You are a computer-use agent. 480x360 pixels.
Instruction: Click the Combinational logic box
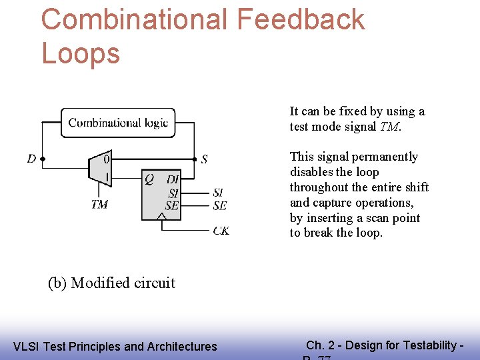coord(118,123)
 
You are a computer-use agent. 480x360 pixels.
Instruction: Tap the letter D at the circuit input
coord(31,159)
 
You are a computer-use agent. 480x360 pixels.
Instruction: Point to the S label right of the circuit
coord(204,159)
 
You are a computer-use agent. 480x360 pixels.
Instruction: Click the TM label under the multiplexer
coord(99,205)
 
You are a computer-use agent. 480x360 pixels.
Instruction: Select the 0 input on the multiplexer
coord(107,159)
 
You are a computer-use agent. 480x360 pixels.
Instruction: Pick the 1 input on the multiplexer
coord(107,177)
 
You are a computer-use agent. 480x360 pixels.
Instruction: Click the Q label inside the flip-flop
coord(149,179)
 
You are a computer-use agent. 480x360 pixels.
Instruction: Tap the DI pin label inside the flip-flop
coord(173,179)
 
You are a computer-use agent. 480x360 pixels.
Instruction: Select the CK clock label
coord(221,231)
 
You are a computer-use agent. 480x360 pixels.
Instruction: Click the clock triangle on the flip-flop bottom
coord(161,216)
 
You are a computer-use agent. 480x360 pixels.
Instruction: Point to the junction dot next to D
coord(43,159)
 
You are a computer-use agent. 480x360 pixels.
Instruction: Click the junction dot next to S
coord(194,159)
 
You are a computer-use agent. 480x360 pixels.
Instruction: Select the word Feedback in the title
coord(301,20)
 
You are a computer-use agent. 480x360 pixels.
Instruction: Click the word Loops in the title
coord(81,53)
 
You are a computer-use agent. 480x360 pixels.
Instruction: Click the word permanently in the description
coord(385,157)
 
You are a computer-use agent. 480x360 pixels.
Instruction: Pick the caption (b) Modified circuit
coord(111,283)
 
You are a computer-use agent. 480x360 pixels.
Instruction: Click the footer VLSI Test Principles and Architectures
coord(115,346)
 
